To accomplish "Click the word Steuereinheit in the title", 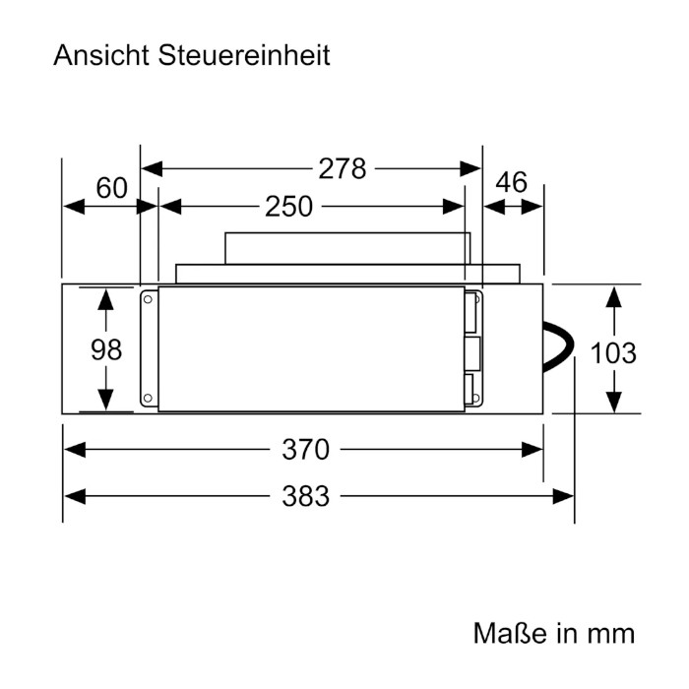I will [244, 55].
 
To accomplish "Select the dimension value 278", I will [342, 168].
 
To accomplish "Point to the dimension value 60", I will [112, 187].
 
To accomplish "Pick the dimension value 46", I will [511, 183].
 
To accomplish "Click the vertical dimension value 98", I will [106, 349].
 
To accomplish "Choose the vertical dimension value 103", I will [612, 352].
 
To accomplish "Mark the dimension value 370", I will [304, 450].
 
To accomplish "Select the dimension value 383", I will [304, 495].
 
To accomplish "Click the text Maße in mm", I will [553, 631].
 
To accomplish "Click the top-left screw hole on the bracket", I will [148, 298].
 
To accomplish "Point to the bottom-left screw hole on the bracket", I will [148, 400].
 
